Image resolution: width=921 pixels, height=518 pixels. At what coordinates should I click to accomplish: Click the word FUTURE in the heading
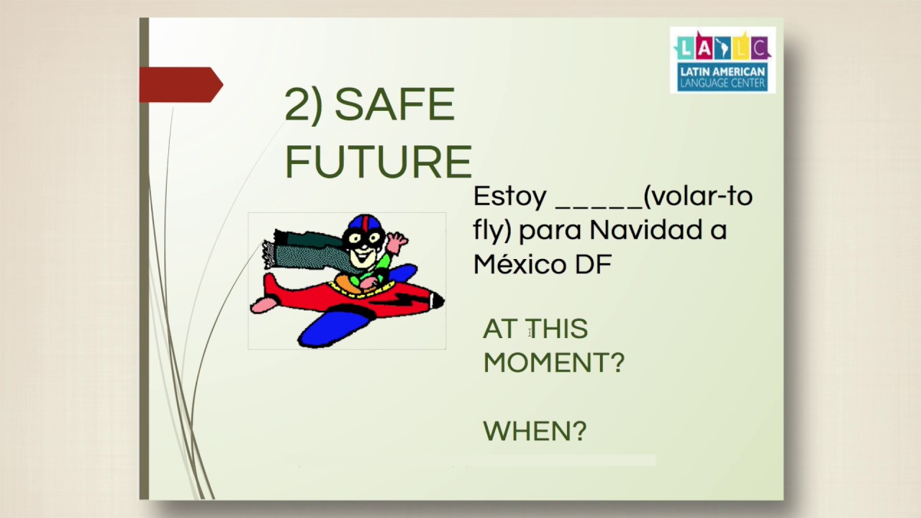click(378, 162)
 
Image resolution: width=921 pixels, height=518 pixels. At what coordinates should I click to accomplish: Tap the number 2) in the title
click(305, 106)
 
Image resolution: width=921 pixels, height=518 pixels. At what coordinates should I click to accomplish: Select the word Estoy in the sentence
click(510, 196)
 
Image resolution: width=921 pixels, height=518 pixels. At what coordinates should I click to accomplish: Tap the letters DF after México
click(593, 264)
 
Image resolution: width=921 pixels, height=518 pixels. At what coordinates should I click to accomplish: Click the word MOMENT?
click(553, 363)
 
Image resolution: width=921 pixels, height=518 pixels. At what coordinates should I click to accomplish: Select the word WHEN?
click(535, 431)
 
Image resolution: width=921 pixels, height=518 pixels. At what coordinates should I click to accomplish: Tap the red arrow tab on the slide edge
click(181, 85)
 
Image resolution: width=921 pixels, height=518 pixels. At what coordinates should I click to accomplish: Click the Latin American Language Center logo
click(722, 60)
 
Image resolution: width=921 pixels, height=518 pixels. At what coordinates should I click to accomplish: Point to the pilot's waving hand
click(398, 241)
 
